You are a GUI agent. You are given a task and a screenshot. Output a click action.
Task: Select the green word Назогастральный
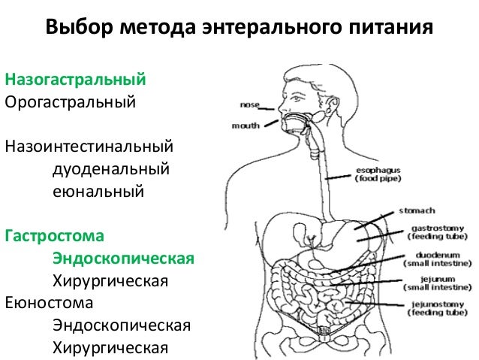click(75, 78)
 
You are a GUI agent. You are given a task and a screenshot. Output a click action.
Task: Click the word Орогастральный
click(71, 100)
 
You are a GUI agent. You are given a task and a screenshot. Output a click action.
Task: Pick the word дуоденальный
click(110, 166)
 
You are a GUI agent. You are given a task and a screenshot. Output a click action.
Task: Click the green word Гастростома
click(53, 236)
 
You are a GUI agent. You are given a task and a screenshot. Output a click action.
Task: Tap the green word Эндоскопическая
click(122, 259)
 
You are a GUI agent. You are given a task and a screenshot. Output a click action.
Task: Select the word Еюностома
click(50, 304)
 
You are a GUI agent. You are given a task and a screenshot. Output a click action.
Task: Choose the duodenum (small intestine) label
click(437, 259)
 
